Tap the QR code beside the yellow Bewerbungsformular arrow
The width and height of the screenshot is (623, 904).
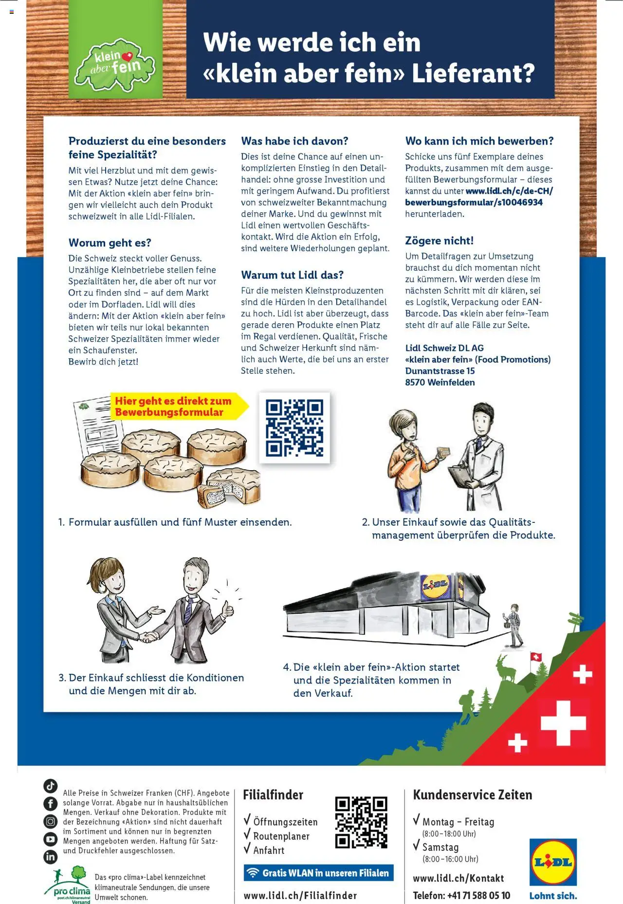point(294,427)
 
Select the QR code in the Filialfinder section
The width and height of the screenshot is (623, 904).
point(361,822)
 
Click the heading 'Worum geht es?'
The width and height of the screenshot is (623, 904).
point(110,242)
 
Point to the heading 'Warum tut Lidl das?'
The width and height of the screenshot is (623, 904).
point(292,275)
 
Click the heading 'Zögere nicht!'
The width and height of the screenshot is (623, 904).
point(439,240)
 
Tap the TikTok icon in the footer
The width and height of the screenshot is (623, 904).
point(50,786)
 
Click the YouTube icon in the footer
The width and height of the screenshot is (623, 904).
point(50,839)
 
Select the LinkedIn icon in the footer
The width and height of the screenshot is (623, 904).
point(50,857)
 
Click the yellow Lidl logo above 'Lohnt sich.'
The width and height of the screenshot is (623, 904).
point(553,862)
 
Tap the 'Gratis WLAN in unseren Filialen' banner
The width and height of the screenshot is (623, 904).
point(318,873)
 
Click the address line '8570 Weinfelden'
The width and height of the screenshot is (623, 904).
point(440,382)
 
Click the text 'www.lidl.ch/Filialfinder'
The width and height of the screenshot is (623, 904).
point(300,895)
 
